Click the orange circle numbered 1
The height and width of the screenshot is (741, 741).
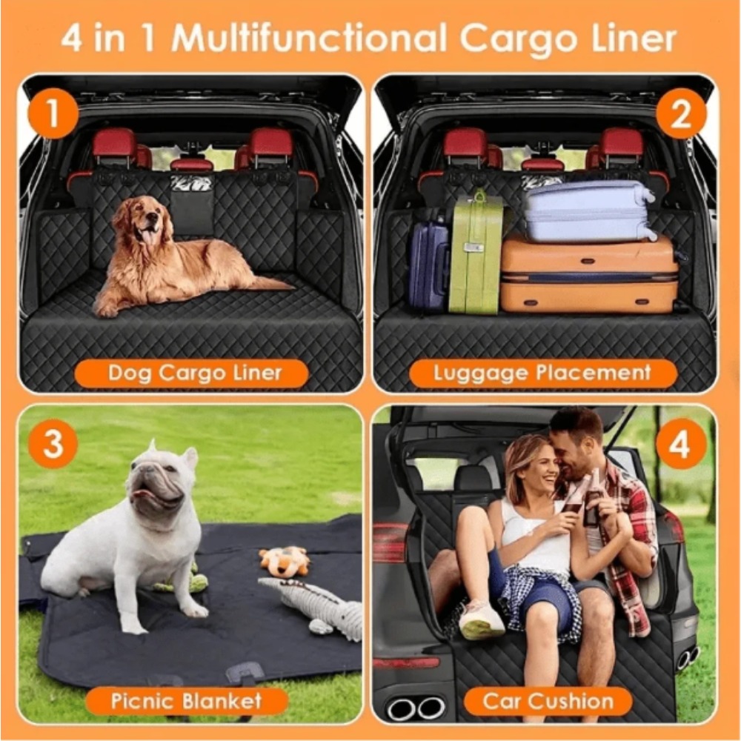[53, 113]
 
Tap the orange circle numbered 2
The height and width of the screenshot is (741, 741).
[681, 113]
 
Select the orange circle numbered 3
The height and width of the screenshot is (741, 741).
[53, 444]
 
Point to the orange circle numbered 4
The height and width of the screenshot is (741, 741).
[681, 444]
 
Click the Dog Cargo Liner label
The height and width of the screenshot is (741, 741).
[191, 373]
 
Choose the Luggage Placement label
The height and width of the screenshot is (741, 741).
[543, 373]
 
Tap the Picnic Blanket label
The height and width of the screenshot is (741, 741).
[187, 701]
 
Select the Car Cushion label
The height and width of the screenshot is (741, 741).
[548, 701]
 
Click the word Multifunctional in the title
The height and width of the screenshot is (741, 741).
[309, 38]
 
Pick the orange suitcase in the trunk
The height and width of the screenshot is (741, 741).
[589, 274]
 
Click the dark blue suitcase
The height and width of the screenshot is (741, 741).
[429, 267]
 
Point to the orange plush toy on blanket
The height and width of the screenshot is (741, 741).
[285, 562]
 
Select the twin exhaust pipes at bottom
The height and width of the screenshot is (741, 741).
[416, 709]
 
